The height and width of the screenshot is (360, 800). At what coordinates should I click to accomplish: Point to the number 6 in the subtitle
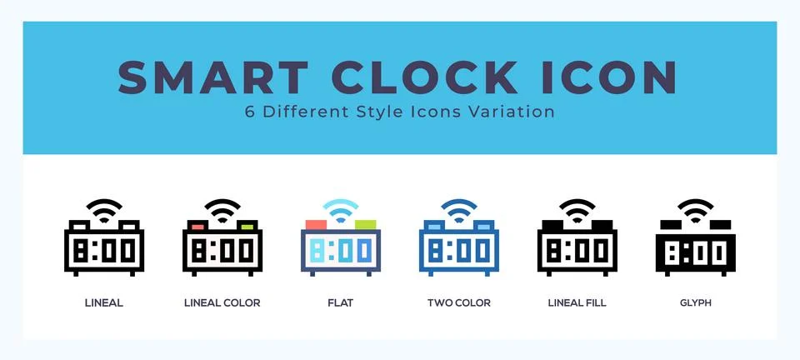250,112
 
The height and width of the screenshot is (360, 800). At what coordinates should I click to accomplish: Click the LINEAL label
104,303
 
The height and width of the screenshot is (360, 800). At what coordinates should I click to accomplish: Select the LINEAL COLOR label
222,303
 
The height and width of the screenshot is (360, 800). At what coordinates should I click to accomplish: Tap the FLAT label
340,303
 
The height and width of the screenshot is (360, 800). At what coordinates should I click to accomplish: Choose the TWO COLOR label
458,303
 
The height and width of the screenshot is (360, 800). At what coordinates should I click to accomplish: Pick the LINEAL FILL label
577,303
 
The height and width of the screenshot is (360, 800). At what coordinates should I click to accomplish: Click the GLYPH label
695,303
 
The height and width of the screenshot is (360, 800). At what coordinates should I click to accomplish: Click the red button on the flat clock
315,224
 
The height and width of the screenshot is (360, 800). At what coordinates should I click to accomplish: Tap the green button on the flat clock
365,224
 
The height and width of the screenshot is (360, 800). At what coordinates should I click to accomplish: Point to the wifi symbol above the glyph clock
695,212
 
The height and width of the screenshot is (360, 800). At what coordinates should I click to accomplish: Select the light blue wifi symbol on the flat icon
340,212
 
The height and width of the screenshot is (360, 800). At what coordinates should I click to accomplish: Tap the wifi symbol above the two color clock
458,212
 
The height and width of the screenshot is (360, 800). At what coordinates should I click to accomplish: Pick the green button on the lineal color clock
247,226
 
